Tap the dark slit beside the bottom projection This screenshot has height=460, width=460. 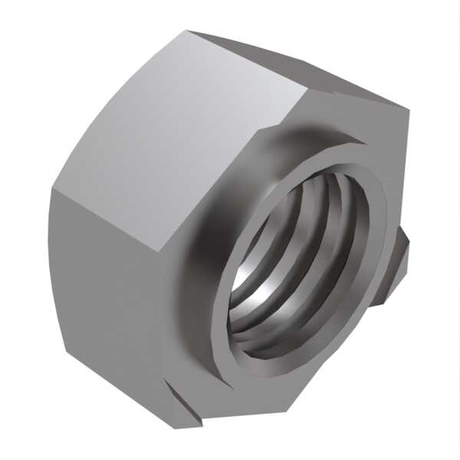(x=201, y=418)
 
